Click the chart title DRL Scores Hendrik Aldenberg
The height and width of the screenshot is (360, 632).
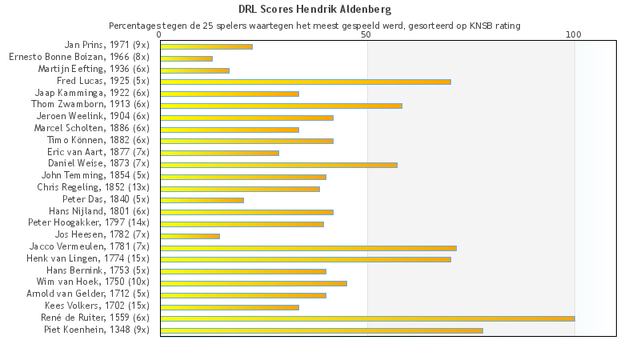click(x=315, y=10)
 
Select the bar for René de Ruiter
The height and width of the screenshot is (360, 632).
click(x=367, y=318)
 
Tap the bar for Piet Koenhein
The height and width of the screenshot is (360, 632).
click(x=322, y=330)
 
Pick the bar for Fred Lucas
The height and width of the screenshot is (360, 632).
click(x=306, y=82)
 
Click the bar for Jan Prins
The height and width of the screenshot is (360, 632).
click(x=206, y=46)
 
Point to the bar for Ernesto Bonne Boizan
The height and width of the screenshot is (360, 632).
click(x=186, y=58)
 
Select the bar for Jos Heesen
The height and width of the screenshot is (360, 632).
click(x=190, y=236)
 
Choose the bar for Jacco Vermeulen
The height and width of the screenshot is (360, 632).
click(x=308, y=248)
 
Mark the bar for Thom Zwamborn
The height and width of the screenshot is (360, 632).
click(x=281, y=106)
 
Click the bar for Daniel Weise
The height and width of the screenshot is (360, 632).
click(x=278, y=165)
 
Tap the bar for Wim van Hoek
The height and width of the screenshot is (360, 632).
click(x=254, y=283)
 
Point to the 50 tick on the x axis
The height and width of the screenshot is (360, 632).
click(x=366, y=35)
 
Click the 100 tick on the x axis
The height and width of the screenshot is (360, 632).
click(x=574, y=35)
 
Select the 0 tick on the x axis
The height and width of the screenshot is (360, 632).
click(x=160, y=35)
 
